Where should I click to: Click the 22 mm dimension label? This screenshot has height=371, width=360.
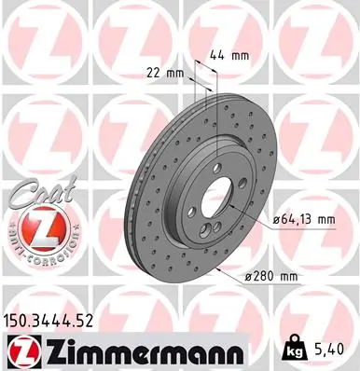click(163, 73)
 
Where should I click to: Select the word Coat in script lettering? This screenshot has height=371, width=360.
click(35, 195)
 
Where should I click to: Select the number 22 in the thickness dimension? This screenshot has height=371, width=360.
click(154, 73)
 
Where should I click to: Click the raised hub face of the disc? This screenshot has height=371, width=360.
click(201, 200)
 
